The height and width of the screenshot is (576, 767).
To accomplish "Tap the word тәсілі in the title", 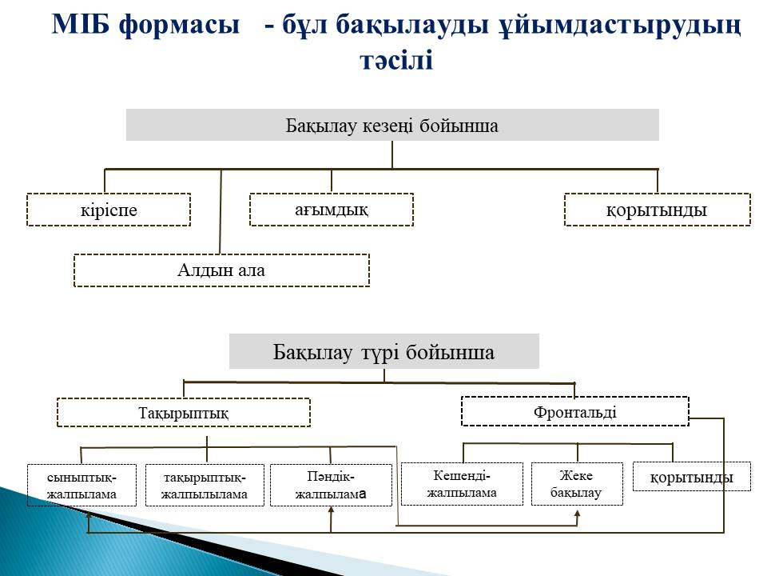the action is [x=396, y=60].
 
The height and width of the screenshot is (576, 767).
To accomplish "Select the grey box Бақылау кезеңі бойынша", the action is [x=392, y=125].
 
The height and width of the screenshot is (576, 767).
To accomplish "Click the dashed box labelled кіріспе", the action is [x=109, y=210].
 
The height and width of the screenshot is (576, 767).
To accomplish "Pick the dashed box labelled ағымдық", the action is [x=331, y=210].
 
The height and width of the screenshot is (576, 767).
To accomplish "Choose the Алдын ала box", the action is [x=221, y=270].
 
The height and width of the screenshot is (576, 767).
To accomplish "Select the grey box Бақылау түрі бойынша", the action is [x=384, y=352].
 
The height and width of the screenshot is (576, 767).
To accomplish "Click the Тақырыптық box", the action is [x=184, y=413].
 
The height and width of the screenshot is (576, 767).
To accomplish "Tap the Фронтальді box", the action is [x=574, y=411].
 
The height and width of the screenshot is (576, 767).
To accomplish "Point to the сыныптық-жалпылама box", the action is [x=81, y=485].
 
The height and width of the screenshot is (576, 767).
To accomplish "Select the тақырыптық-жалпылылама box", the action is [x=205, y=485].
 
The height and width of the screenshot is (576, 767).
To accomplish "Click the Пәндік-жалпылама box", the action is [x=331, y=485].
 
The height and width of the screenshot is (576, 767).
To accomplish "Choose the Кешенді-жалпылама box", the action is [x=462, y=483].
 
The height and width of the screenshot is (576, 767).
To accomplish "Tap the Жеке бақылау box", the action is [x=577, y=483].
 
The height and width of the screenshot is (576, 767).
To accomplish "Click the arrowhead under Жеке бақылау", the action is [x=577, y=514].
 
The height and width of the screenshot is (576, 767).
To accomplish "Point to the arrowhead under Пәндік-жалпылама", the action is [x=331, y=511].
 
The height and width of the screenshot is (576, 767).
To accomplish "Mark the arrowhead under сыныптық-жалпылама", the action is [x=88, y=515].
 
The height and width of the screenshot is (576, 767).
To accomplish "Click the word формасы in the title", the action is [x=180, y=25].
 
